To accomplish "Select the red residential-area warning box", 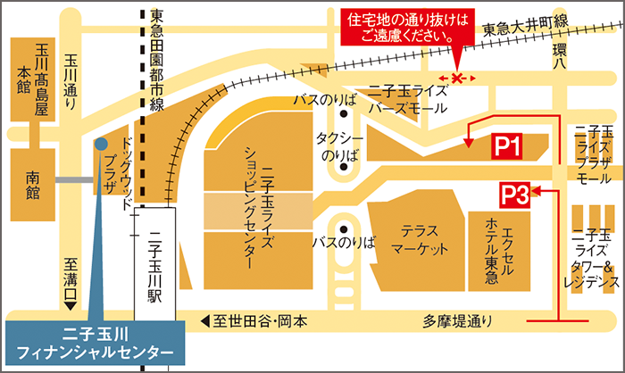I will click(x=406, y=28).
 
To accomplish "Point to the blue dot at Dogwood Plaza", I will click(x=100, y=143).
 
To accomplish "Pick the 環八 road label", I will click(x=560, y=58).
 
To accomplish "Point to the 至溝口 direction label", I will click(x=70, y=279).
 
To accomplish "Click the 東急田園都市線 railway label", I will click(x=157, y=59).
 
